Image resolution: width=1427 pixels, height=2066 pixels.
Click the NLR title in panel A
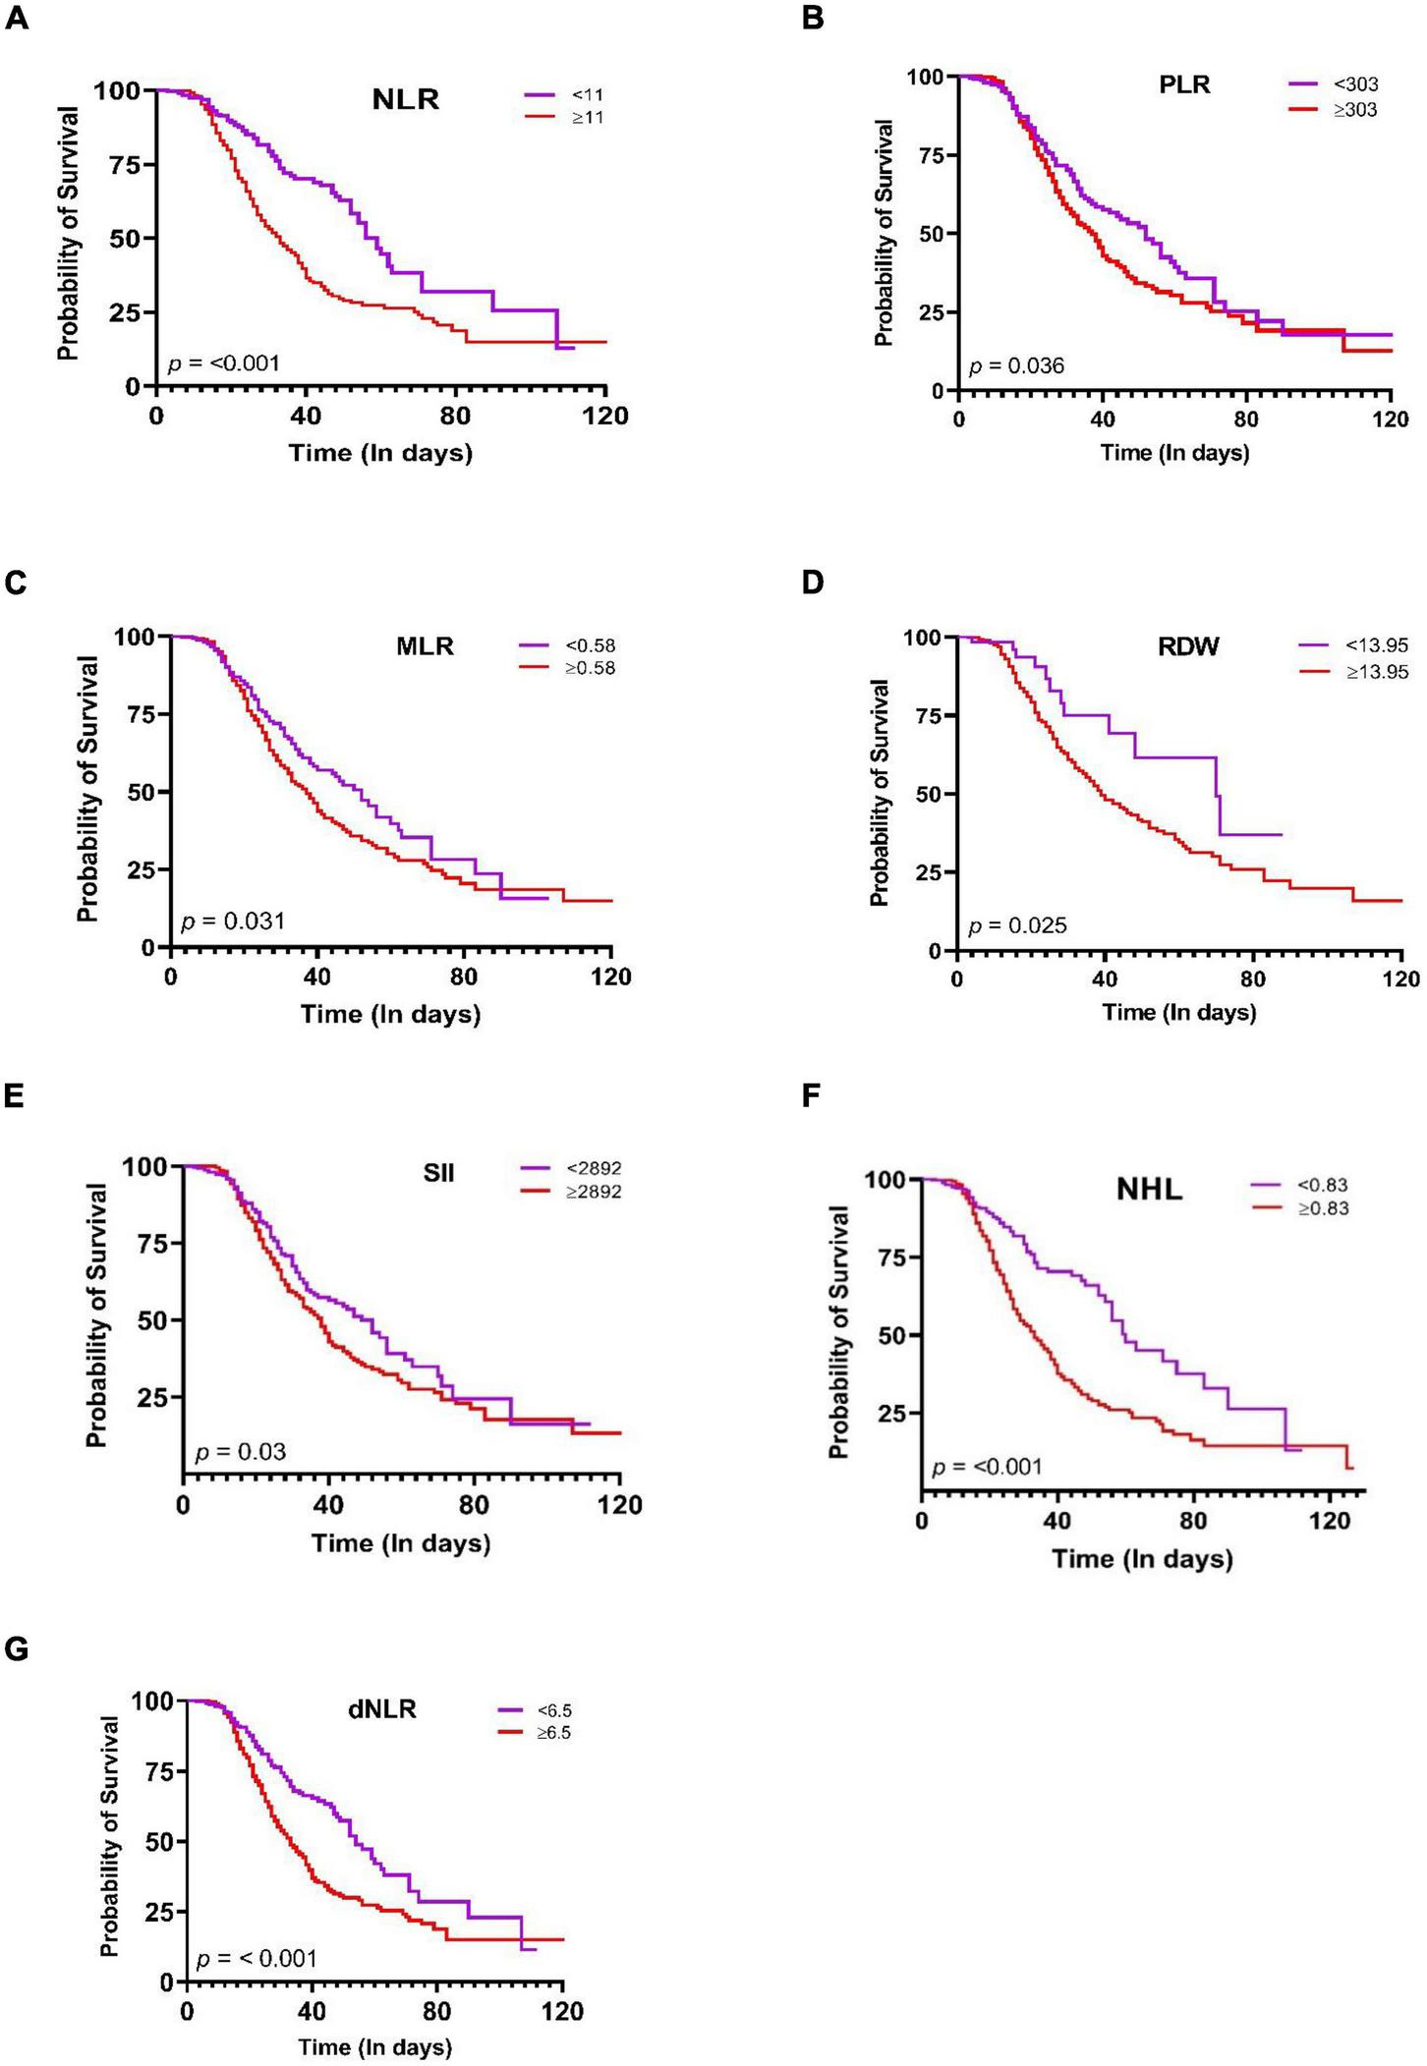tap(405, 99)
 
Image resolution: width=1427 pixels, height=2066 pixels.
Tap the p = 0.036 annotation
tap(1016, 366)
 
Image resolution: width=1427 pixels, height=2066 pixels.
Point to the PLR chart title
tap(1184, 84)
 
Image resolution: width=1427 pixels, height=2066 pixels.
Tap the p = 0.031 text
tap(233, 921)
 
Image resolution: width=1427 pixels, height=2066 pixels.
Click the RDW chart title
tap(1188, 646)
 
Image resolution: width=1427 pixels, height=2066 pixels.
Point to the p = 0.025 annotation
tap(1017, 924)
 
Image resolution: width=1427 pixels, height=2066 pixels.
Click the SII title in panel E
tap(438, 1173)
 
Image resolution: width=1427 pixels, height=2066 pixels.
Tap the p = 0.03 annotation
tap(241, 1451)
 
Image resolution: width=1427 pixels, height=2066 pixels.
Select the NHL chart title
tap(1149, 1190)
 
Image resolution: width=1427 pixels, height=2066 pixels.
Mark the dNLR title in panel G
tap(382, 1709)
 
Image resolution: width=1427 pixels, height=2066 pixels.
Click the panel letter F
tap(812, 1095)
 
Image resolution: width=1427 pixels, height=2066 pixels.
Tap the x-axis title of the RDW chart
tap(1179, 1011)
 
